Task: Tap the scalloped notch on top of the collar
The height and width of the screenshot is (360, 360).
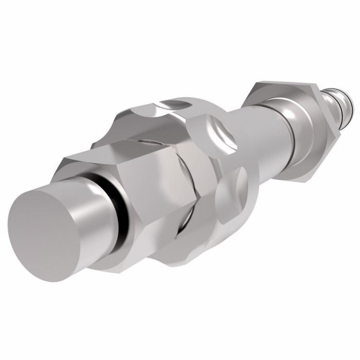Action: pyautogui.click(x=170, y=105)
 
